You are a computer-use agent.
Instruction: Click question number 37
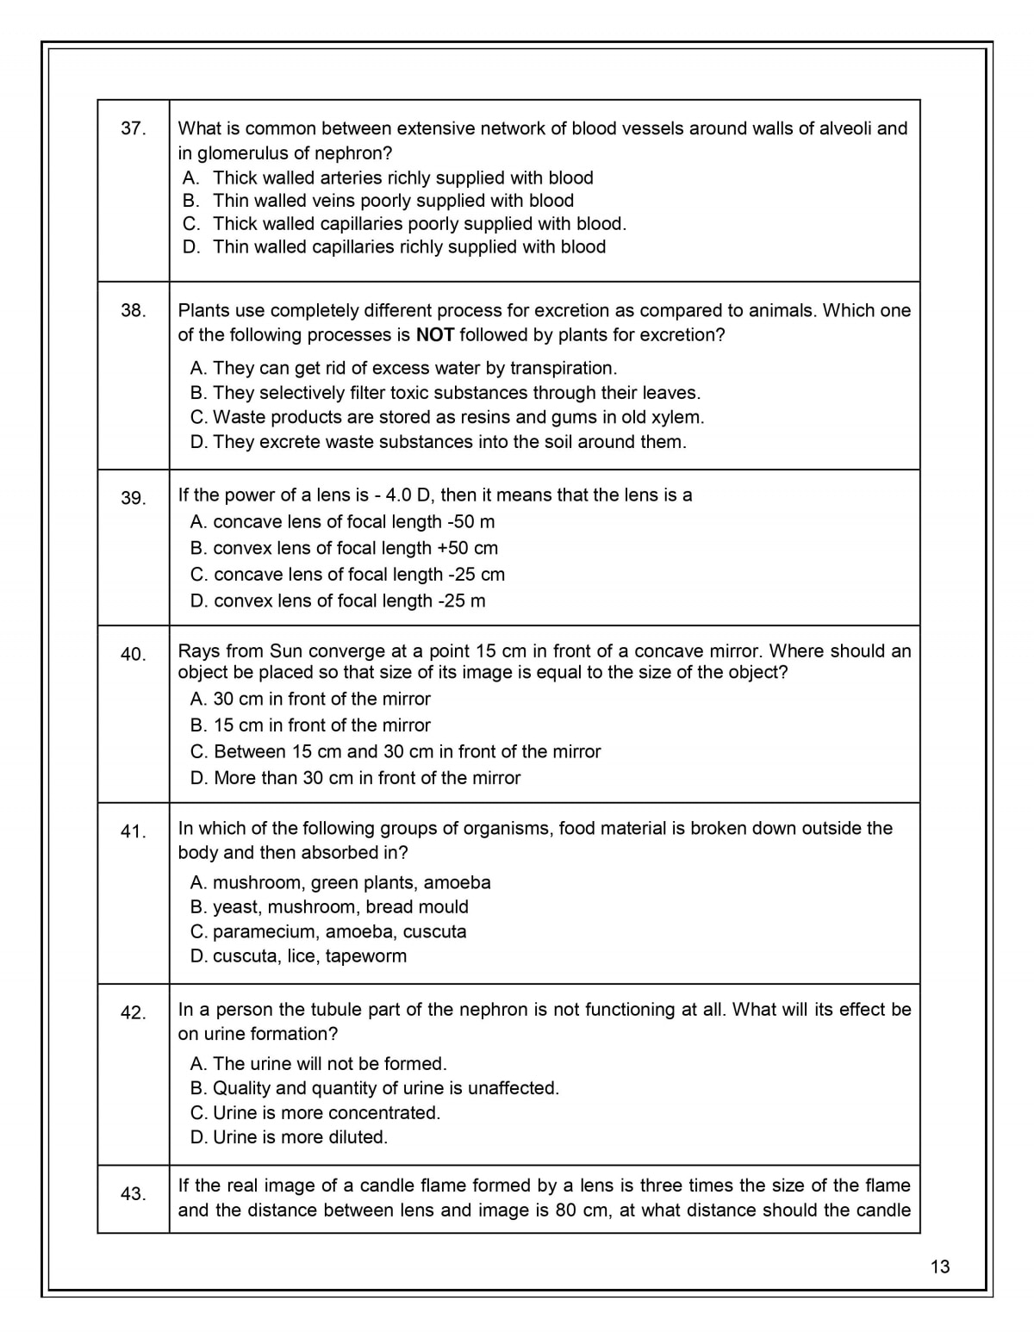click(x=133, y=129)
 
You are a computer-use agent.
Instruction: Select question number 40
click(x=133, y=655)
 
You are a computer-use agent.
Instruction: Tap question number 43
click(x=133, y=1194)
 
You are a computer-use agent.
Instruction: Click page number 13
click(x=940, y=1266)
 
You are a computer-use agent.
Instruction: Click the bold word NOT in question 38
click(x=435, y=335)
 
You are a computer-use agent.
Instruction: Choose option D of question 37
click(x=395, y=247)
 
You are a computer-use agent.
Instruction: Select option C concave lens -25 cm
click(x=347, y=575)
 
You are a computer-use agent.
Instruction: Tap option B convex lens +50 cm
click(x=344, y=548)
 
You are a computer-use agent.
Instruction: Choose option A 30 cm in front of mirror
click(x=310, y=699)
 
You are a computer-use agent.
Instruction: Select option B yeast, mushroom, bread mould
click(x=329, y=907)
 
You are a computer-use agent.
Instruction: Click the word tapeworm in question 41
click(x=366, y=956)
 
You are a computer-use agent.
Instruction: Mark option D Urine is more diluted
click(x=289, y=1137)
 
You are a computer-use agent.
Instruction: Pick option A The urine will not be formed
click(x=318, y=1064)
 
